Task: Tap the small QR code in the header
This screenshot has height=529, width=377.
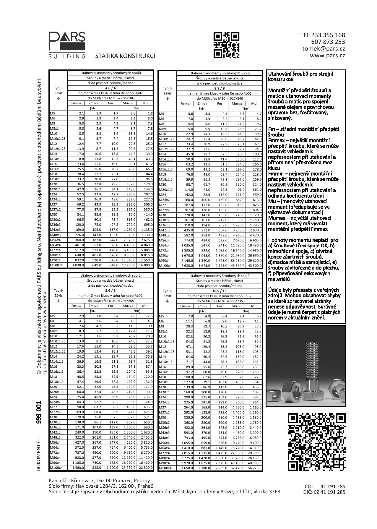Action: pos(226,45)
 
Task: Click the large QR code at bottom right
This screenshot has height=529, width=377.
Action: pos(316,442)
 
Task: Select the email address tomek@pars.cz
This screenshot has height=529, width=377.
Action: pos(324,49)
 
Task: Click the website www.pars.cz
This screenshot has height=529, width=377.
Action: pos(327,55)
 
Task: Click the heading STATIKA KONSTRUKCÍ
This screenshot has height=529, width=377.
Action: pos(125,56)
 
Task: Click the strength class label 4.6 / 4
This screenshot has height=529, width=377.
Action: pos(110,88)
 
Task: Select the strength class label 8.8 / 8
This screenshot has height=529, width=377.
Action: pos(219,88)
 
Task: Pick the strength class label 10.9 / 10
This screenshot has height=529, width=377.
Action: pos(219,291)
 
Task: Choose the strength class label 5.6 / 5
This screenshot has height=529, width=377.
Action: pos(110,291)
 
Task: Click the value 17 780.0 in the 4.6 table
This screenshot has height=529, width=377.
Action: pos(128,265)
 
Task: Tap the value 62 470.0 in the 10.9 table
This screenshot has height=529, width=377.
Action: pos(237,468)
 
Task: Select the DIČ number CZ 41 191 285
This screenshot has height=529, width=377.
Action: pos(332,492)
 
